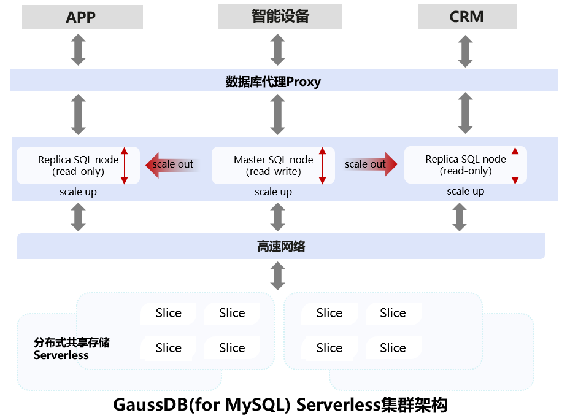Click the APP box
point(82,17)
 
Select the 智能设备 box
point(280,17)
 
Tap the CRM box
point(467,17)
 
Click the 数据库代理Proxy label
point(273,81)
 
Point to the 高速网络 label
point(280,247)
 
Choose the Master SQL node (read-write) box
point(273,165)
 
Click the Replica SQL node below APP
point(78,165)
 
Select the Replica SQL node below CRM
point(465,164)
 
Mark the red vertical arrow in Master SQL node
point(322,165)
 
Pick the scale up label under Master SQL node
point(273,192)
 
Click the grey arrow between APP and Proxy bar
point(78,50)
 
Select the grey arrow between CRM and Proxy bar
point(466,50)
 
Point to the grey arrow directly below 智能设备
point(278,50)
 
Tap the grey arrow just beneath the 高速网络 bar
point(278,276)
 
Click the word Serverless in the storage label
point(61,355)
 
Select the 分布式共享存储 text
point(71,343)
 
